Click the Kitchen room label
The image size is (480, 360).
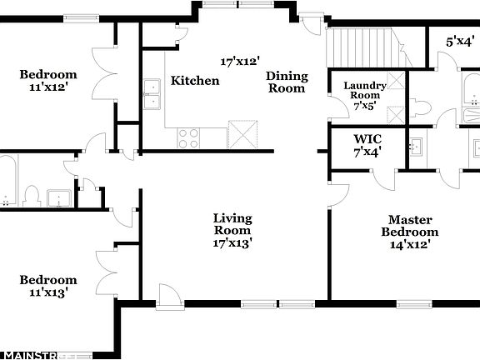coord(195,81)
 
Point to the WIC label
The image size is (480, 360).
coord(367,138)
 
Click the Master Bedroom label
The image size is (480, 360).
coord(409,225)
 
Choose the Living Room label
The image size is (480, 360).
coord(232,224)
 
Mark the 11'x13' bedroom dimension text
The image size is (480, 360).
coord(48,292)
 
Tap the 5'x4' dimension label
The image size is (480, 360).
coord(461,40)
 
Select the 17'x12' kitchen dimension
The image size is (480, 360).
coord(240,61)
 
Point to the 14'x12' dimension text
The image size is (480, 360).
coord(409,244)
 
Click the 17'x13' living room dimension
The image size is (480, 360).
coord(232,243)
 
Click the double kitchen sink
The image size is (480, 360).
coord(152,94)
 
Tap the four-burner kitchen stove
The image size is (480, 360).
coord(188,137)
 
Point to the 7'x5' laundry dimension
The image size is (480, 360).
coord(364,106)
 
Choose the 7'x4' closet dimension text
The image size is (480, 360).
coord(367,152)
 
